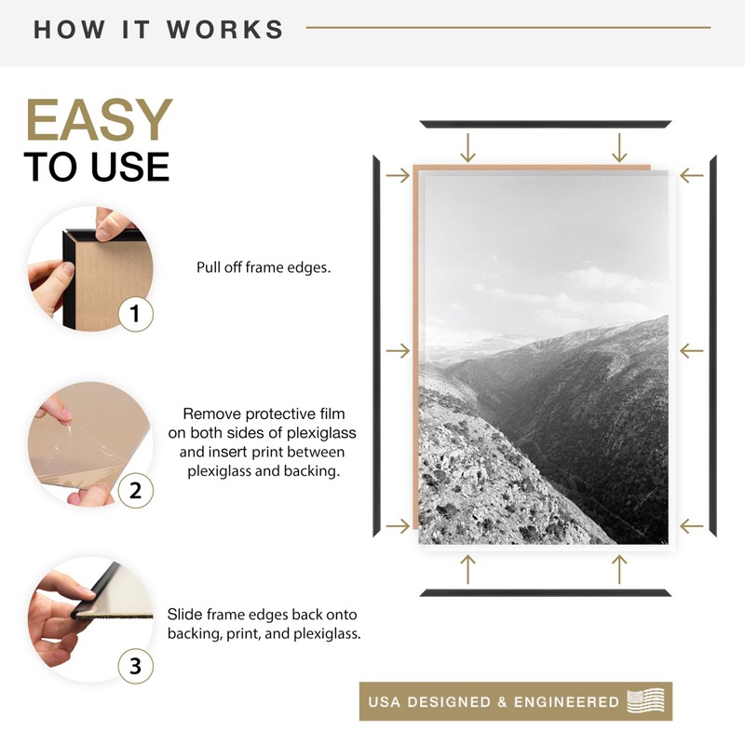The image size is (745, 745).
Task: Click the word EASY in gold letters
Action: [99, 121]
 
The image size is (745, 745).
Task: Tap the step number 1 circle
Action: [136, 314]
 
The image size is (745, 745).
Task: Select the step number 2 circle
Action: [136, 490]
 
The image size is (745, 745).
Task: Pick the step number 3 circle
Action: [136, 666]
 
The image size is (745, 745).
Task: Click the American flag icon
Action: [646, 700]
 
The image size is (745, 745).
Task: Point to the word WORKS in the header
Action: [225, 29]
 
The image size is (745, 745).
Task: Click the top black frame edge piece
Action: [545, 124]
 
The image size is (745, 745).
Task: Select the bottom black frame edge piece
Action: [545, 592]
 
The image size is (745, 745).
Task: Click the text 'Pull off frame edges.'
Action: [264, 267]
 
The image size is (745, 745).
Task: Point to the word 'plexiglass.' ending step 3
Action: [327, 633]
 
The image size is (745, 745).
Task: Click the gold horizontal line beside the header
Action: [508, 28]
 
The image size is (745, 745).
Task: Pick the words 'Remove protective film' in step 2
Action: [264, 413]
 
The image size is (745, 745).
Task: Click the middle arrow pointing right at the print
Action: [398, 351]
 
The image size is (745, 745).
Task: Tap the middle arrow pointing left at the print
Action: [691, 351]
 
